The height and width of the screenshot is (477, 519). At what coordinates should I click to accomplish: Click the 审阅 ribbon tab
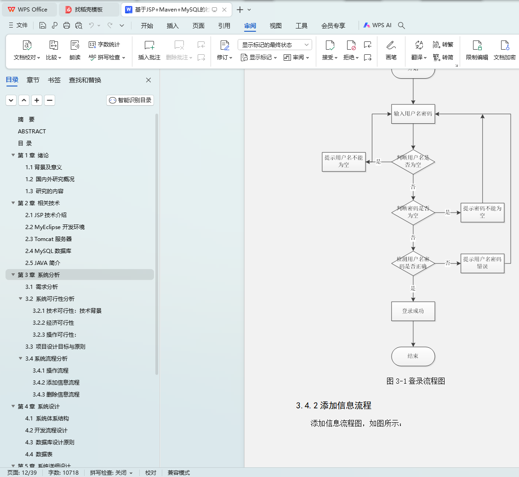coord(250,26)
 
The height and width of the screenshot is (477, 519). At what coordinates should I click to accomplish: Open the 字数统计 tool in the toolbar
coord(104,45)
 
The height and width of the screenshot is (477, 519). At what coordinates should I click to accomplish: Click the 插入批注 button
coord(149,50)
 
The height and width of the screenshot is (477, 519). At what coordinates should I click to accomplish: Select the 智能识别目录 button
coord(130,100)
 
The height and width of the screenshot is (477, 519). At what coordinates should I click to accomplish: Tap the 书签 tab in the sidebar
coord(54,80)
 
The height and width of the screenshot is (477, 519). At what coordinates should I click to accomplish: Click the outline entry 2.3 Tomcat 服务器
coord(48,239)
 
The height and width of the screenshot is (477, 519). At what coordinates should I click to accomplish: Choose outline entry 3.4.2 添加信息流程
coord(56,383)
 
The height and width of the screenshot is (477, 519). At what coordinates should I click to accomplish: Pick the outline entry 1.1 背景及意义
coord(44,167)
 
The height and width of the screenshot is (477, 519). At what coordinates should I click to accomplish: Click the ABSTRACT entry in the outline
coord(32,132)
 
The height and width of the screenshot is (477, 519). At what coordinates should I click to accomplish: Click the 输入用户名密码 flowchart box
coord(413,114)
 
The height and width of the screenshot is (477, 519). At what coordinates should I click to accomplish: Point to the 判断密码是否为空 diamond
coord(413,213)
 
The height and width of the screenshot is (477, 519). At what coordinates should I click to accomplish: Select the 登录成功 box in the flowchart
coord(413,311)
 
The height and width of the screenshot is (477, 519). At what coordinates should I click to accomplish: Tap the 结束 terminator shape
coord(413,356)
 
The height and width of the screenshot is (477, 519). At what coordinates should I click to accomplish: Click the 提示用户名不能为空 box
coord(344,161)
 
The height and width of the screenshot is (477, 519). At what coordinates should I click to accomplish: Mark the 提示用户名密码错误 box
coord(482,263)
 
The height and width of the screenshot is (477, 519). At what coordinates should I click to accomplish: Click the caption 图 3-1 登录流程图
coord(416,381)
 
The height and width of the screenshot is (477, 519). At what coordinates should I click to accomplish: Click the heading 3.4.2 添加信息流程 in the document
coord(333,406)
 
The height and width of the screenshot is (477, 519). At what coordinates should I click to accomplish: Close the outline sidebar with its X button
coord(148,80)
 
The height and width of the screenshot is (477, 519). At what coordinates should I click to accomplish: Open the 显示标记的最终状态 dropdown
coord(274,45)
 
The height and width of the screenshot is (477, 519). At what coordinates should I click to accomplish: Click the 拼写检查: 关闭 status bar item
coord(111,473)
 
